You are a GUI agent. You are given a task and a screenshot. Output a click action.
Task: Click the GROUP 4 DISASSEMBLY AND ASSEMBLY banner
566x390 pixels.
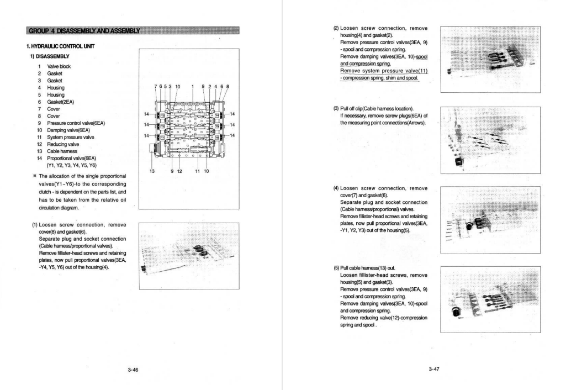(x=83, y=30)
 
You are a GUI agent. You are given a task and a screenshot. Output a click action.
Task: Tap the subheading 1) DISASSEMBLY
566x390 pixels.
(x=49, y=56)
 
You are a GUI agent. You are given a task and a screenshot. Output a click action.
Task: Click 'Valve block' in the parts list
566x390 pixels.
(x=59, y=66)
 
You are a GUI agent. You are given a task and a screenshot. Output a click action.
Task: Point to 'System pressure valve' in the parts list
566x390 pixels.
(x=71, y=137)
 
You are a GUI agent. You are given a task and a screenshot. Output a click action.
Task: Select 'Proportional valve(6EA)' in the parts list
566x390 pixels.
(x=72, y=158)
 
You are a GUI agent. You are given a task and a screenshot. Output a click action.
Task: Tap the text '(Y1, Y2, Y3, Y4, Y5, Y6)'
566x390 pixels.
(x=72, y=165)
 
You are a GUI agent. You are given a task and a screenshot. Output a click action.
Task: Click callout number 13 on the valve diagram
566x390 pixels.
(x=152, y=171)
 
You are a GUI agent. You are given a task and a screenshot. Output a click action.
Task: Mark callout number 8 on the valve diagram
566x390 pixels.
(x=228, y=86)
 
